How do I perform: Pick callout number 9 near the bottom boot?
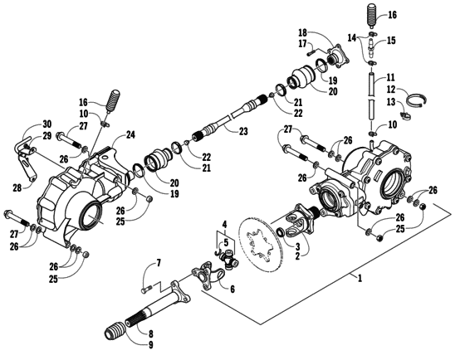[150, 344]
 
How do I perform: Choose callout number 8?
[150, 333]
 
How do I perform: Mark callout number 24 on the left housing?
[130, 134]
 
